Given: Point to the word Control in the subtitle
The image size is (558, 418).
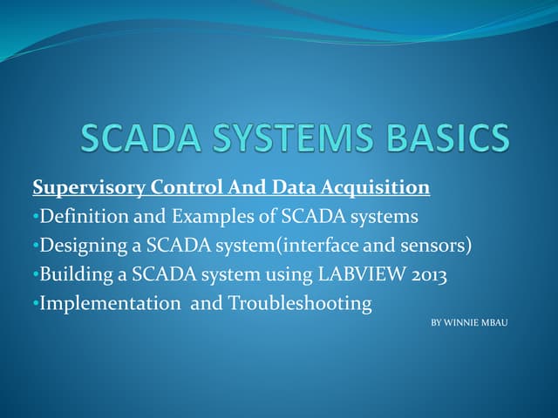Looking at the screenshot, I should point(186,187).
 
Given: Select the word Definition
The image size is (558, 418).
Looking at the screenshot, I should point(79,217).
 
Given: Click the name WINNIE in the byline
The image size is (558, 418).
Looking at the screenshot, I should point(462,323).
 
